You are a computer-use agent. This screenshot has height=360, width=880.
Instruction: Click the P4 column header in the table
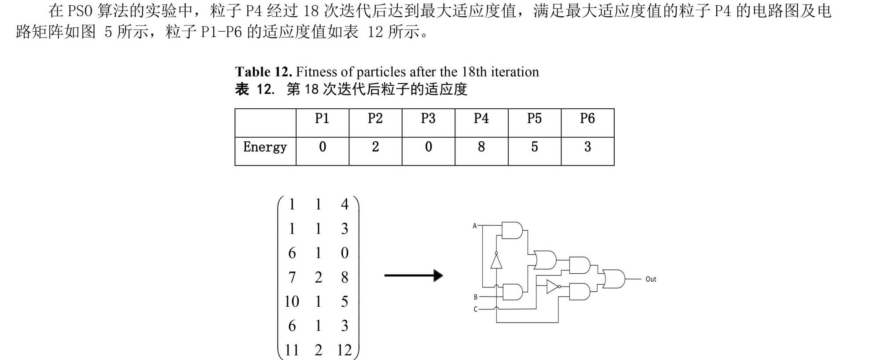point(481,118)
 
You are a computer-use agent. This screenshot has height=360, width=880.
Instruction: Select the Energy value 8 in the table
point(481,147)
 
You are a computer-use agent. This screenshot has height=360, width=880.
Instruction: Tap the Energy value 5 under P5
point(534,147)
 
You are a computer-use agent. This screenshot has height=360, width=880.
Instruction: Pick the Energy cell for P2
point(375,147)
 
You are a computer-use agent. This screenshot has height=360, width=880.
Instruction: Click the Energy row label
point(265,147)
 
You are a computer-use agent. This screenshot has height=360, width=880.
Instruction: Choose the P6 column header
point(587,118)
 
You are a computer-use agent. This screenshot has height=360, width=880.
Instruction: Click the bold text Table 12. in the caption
point(263,72)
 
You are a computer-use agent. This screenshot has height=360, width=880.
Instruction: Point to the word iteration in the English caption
point(515,72)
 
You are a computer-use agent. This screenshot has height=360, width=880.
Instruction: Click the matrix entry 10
point(291,301)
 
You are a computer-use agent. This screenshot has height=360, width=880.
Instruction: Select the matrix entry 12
point(344,350)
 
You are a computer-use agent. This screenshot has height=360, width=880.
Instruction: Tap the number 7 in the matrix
point(291,277)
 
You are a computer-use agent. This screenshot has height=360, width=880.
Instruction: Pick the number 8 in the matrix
point(344,277)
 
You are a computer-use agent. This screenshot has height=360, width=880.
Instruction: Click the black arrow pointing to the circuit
point(414,276)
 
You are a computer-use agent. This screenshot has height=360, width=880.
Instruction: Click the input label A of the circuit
point(474,226)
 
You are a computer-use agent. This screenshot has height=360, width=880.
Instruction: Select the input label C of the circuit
point(475,309)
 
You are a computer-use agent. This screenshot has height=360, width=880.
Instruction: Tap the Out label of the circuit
point(651,279)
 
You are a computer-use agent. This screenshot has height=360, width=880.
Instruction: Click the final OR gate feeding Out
point(614,279)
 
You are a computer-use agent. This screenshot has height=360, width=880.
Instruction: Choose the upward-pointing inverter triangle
point(496,261)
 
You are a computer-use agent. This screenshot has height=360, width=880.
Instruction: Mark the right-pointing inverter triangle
point(553,287)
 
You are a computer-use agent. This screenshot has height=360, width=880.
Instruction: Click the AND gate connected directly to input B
point(512,292)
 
